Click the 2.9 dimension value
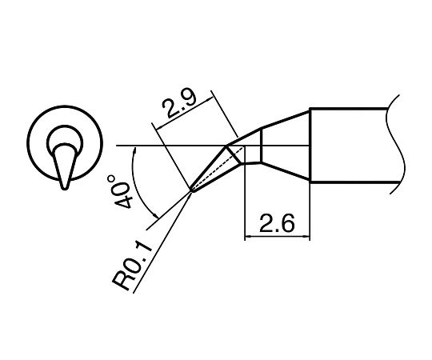179,104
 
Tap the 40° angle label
120,191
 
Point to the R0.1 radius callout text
132,265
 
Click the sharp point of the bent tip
192,191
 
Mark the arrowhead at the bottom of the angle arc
155,215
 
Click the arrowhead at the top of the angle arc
135,150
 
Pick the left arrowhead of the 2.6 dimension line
248,236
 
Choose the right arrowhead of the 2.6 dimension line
306,236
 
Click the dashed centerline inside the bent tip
218,169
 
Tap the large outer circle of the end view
65,106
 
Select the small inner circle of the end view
65,126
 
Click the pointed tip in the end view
65,189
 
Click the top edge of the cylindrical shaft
349,109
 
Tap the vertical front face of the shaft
310,145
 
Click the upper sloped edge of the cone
286,119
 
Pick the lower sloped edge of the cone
286,171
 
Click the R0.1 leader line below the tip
162,242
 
